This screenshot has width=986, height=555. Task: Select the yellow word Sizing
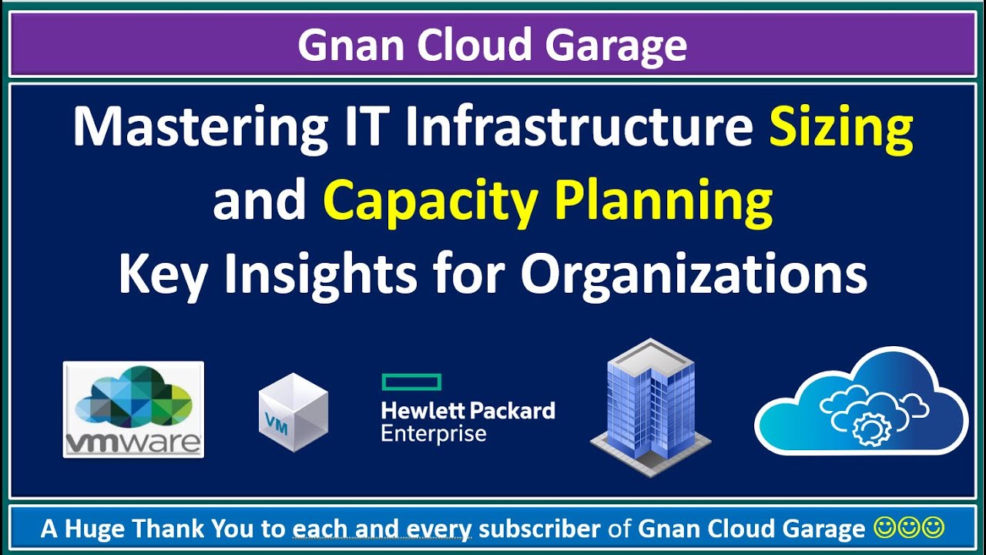point(841,129)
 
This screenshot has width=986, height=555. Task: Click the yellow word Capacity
point(431,201)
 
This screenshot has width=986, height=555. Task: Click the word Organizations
point(694,274)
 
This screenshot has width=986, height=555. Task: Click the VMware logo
point(133,409)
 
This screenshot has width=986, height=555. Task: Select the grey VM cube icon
point(293,412)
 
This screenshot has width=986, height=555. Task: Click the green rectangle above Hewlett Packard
point(411,382)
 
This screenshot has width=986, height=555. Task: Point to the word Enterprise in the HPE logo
point(434,433)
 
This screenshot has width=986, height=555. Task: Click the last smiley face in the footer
point(934,528)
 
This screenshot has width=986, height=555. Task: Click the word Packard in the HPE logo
point(512,410)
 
